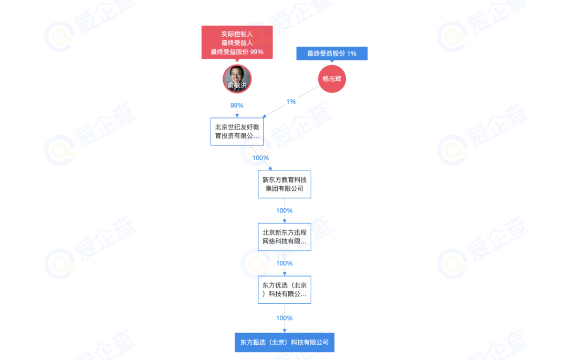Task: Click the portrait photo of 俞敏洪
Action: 237,79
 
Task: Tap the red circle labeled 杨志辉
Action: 332,79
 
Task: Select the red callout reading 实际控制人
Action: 237,43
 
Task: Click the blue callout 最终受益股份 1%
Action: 332,54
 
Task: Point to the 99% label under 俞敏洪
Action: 237,105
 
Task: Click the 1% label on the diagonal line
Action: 291,102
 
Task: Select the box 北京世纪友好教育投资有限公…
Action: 237,132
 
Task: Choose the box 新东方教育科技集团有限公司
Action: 285,184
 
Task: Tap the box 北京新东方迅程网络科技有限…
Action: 285,237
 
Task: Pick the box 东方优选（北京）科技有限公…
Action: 285,290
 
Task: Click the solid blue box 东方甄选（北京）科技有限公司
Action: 285,342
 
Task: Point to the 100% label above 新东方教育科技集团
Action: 261,158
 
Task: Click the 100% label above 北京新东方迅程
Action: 285,210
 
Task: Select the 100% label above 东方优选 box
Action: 285,263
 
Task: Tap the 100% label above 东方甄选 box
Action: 285,318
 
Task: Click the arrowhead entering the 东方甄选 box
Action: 285,331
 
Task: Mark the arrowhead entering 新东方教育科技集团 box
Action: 270,168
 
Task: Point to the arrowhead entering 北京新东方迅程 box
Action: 285,221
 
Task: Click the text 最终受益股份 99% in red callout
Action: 237,51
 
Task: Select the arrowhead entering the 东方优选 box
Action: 285,274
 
